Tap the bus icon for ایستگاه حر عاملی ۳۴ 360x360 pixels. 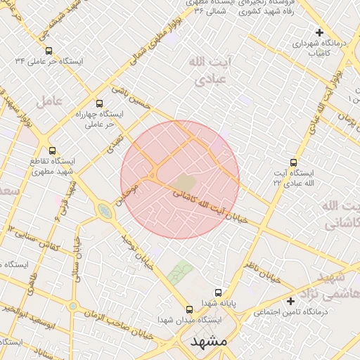pyautogui.click(x=49, y=51)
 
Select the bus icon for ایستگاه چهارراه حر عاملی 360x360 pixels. pyautogui.click(x=98, y=103)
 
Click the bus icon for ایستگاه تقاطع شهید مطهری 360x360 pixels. pyautogui.click(x=52, y=150)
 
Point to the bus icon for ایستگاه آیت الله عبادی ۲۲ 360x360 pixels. pyautogui.click(x=294, y=162)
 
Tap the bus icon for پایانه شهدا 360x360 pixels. pyautogui.click(x=218, y=292)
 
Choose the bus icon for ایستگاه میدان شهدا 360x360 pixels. pyautogui.click(x=188, y=309)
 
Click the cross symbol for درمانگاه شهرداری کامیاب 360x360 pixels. pyautogui.click(x=320, y=32)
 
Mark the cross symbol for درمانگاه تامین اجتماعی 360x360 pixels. pyautogui.click(x=291, y=301)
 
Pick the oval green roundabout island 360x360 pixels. pyautogui.click(x=105, y=210)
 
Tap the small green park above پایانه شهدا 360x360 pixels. pyautogui.click(x=180, y=272)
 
